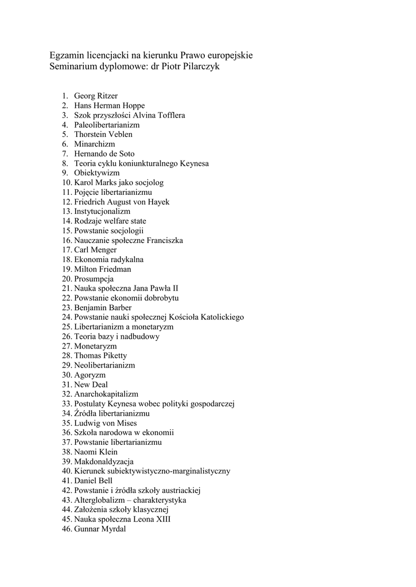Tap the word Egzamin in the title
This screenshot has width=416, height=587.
pos(67,56)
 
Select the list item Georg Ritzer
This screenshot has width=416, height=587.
pos(96,96)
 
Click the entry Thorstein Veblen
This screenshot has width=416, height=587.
pos(103,134)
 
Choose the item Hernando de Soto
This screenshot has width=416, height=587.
pos(104,154)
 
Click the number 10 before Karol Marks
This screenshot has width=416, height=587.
pos(67,182)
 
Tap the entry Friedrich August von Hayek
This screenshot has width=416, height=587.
pos(122,202)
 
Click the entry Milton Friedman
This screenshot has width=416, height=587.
pos(103,269)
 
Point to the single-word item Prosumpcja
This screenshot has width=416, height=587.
pos(94,279)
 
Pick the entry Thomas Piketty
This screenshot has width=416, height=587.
pos(100,355)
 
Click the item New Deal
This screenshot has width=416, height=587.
pos(91,385)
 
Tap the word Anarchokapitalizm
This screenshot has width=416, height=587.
pos(106,394)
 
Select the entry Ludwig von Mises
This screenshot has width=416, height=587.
pos(106,423)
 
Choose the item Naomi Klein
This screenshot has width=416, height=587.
pos(95,452)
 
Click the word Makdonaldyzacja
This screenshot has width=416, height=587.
pos(104,461)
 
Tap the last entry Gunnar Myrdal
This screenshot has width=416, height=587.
pos(100,529)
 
